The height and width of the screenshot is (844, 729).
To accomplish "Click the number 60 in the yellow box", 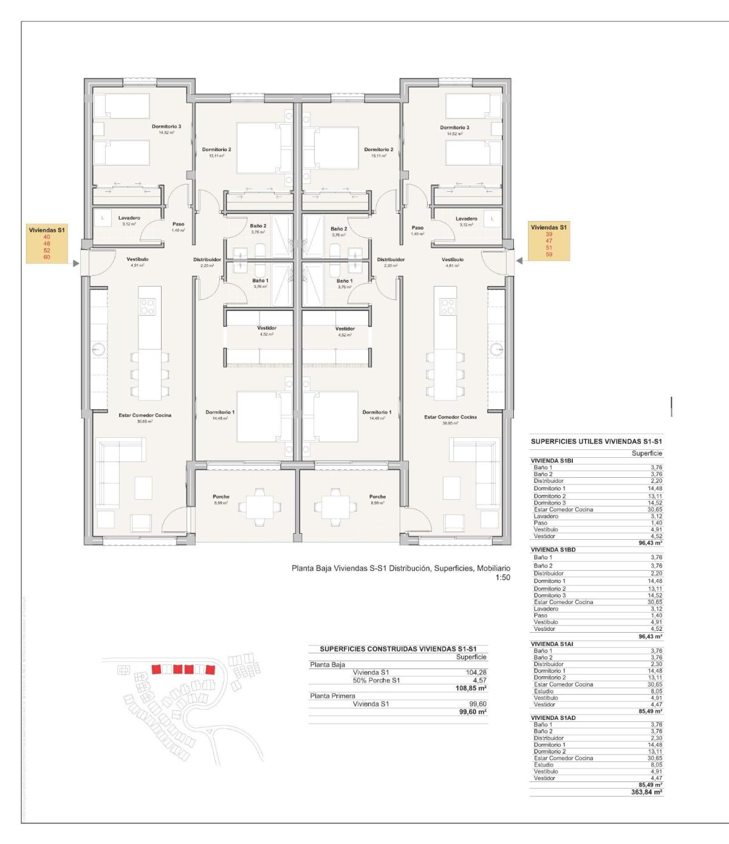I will [47, 257].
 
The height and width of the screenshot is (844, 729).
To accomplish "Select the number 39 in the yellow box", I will [549, 234].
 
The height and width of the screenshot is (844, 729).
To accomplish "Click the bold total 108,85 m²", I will [473, 688].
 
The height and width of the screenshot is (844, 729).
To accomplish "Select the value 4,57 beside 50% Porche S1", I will [480, 680].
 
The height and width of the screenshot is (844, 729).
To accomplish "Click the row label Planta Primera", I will [332, 696].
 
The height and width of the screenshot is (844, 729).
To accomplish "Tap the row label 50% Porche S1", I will [376, 680].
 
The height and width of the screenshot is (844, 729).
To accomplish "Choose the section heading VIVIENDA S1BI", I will [552, 461].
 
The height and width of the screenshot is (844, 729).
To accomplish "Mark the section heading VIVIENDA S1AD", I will [553, 718].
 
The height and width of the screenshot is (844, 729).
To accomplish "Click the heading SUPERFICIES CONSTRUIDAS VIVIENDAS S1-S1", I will [398, 648].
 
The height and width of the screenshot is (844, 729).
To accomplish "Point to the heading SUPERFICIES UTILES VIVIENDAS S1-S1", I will [596, 441].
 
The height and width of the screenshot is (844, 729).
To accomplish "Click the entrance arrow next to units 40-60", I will [75, 264].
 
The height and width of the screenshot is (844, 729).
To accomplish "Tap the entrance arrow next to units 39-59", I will [519, 260].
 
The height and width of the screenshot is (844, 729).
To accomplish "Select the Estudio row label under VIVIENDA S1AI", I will [544, 691].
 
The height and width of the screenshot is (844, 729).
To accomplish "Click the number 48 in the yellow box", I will [47, 243].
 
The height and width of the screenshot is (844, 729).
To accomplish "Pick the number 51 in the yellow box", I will [549, 248].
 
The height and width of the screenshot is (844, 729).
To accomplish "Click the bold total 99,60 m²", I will [473, 712].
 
